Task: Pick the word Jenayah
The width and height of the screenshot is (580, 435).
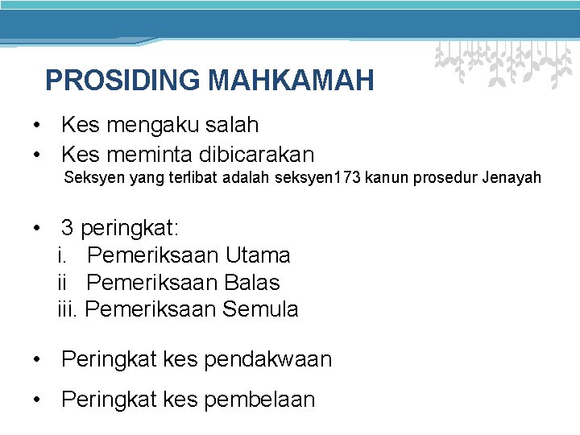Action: click(512, 177)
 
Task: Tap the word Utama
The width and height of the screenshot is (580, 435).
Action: click(258, 255)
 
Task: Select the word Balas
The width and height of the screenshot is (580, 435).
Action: click(253, 283)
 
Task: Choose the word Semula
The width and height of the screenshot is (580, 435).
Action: click(260, 309)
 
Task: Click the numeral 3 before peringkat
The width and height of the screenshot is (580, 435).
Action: click(68, 228)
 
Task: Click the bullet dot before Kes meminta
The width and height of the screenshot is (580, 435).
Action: click(37, 155)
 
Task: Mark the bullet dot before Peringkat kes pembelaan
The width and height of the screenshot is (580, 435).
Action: click(37, 400)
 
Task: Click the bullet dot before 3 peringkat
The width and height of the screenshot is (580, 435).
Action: click(37, 229)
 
